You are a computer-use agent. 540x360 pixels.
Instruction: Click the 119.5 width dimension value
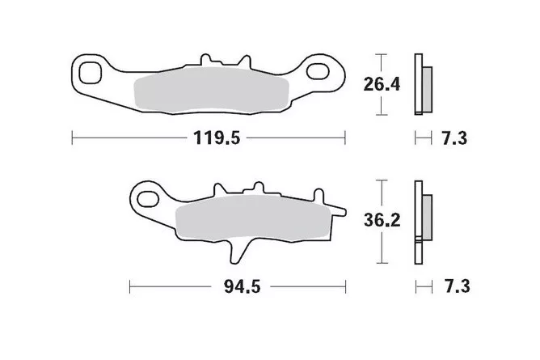[217, 138]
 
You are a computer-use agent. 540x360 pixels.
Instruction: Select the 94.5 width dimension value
[242, 286]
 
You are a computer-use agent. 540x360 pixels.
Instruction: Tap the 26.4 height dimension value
[382, 84]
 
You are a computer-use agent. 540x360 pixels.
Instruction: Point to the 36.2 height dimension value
[382, 220]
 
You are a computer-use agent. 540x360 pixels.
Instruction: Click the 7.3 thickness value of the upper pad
[454, 138]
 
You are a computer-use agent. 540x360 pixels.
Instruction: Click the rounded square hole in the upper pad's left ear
[90, 74]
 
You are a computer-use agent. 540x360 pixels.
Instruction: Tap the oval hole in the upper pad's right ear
[318, 71]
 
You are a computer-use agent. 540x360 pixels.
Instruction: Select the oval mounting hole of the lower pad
[148, 199]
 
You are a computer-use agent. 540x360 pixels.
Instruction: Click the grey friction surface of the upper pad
[211, 91]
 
